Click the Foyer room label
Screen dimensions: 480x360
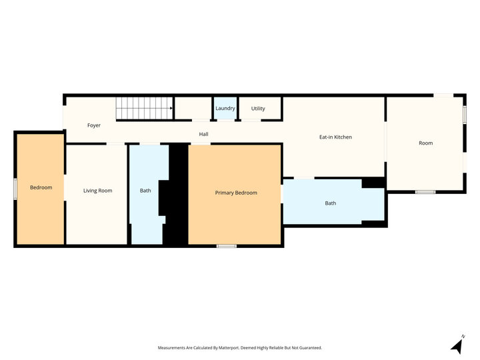(94, 125)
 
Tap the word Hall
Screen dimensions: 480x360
(203, 134)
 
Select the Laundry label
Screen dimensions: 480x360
(225, 109)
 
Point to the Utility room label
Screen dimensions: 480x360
(258, 109)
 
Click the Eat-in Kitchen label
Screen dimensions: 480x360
(335, 137)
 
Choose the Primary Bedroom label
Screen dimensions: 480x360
(236, 193)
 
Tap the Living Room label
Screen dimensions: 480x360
(97, 191)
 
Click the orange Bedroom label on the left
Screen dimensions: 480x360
(41, 187)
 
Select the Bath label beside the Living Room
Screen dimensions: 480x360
(145, 191)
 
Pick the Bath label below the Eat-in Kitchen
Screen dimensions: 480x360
(330, 203)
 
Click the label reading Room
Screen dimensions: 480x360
(425, 143)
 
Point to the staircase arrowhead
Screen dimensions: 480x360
(171, 108)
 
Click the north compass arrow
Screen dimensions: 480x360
(457, 345)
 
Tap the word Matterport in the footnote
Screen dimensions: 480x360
(228, 348)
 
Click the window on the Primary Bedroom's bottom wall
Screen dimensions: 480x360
(227, 246)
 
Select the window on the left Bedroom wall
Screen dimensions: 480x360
(15, 189)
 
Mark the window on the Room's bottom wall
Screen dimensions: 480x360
(425, 192)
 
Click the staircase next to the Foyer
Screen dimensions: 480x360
(145, 108)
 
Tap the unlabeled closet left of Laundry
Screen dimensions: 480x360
(193, 108)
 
